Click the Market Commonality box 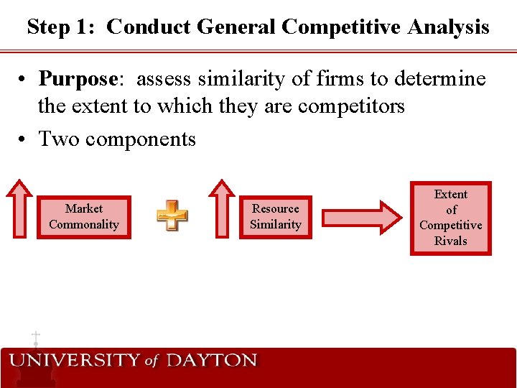(84, 217)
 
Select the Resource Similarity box (276, 217)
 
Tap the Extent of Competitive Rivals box (451, 218)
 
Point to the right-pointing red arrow (361, 216)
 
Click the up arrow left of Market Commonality (19, 209)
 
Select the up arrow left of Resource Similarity (221, 209)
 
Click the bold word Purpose (78, 78)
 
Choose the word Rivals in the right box (451, 241)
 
